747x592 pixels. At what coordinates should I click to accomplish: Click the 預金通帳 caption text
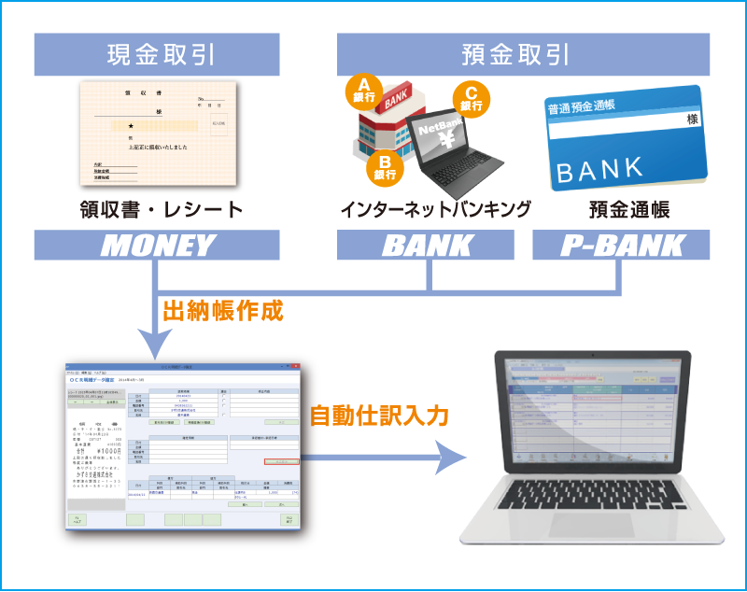(624, 208)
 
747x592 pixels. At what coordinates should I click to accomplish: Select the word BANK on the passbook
(599, 169)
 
